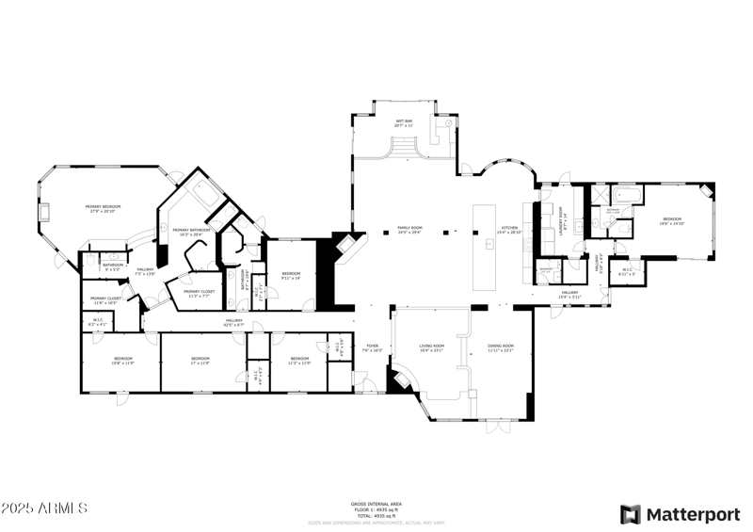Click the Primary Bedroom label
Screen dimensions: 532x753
click(105, 208)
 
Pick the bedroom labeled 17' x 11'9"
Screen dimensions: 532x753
click(200, 360)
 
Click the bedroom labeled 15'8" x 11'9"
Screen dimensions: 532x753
click(123, 360)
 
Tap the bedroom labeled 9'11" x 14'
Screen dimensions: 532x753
click(290, 275)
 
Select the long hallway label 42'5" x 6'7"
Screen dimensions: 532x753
click(233, 323)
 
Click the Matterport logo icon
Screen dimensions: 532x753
click(630, 514)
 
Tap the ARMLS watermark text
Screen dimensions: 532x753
click(44, 508)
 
